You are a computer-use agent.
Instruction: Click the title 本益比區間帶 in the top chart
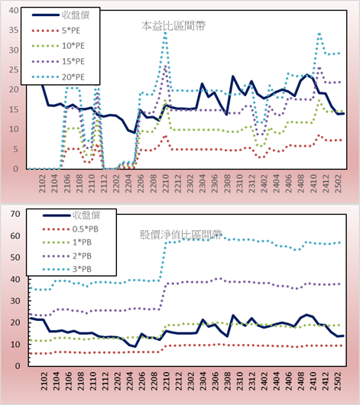(174, 26)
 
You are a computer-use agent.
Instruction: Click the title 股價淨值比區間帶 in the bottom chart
(181, 235)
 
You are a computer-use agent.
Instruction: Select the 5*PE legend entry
(71, 31)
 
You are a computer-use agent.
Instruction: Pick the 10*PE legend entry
(73, 46)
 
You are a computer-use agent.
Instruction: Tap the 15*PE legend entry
(73, 61)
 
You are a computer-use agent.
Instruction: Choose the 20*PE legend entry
(73, 77)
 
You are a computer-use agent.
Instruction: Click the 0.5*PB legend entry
(86, 229)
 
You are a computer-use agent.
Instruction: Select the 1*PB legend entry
(82, 242)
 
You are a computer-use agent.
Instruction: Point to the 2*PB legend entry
(82, 256)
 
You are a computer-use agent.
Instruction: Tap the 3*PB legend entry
(82, 269)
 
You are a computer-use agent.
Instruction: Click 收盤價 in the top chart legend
(76, 15)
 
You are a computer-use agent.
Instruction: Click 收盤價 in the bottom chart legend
(86, 215)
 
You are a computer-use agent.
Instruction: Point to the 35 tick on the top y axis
(14, 30)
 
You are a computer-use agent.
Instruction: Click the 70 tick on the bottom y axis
(15, 214)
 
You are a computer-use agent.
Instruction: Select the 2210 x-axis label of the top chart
(165, 183)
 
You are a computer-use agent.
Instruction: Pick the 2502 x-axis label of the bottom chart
(339, 381)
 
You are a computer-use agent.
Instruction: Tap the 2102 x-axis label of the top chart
(42, 183)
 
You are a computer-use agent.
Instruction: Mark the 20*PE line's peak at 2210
(165, 33)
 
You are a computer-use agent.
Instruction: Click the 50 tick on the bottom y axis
(15, 258)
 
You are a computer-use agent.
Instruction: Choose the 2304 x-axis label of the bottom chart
(203, 381)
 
